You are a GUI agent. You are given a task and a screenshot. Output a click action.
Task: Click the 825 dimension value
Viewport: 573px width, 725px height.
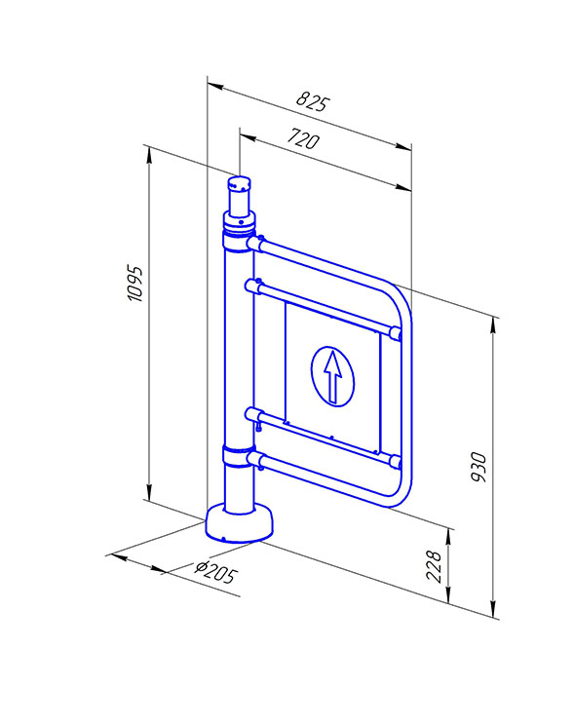[x=313, y=101]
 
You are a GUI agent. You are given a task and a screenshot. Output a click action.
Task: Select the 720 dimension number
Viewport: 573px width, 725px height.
[x=303, y=138]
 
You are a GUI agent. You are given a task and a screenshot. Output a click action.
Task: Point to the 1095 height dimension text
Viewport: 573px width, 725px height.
[x=135, y=284]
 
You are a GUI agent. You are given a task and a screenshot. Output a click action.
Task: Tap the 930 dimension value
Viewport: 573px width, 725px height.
[x=479, y=468]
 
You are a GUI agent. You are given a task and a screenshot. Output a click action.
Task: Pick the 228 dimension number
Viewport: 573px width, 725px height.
[x=435, y=566]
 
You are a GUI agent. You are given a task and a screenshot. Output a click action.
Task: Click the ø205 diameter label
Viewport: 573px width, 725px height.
[x=216, y=572]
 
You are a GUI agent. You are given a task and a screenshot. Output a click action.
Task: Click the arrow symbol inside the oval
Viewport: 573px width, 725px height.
[x=332, y=376]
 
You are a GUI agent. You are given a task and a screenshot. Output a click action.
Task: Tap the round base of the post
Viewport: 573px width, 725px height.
[x=239, y=523]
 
